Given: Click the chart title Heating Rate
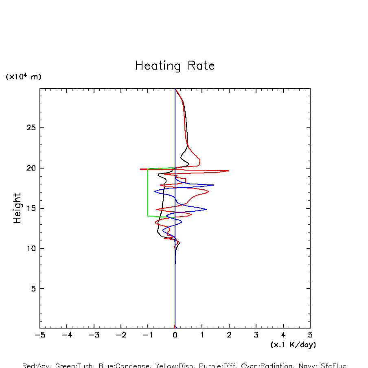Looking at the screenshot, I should pyautogui.click(x=175, y=66).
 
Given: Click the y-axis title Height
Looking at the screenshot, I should pyautogui.click(x=17, y=208).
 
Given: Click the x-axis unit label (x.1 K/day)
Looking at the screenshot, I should pyautogui.click(x=293, y=345).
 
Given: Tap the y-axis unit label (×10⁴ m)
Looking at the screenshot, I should pyautogui.click(x=23, y=77).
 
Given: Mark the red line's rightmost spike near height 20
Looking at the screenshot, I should pyautogui.click(x=228, y=171).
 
